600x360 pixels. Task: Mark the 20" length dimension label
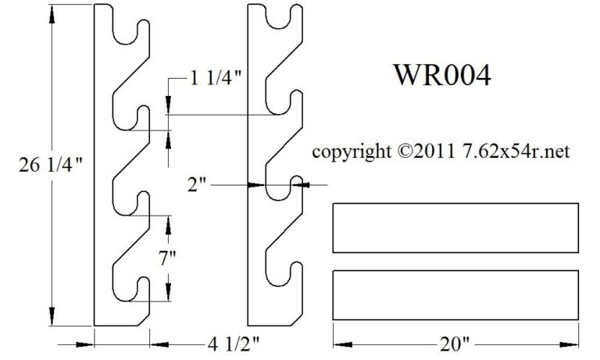[455, 341]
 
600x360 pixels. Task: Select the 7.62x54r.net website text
[514, 151]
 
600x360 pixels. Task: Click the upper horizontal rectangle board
[455, 226]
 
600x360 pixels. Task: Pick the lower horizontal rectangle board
[455, 295]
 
